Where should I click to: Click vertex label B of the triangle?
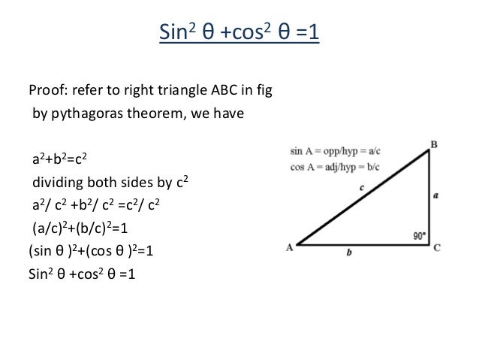[x=433, y=143]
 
